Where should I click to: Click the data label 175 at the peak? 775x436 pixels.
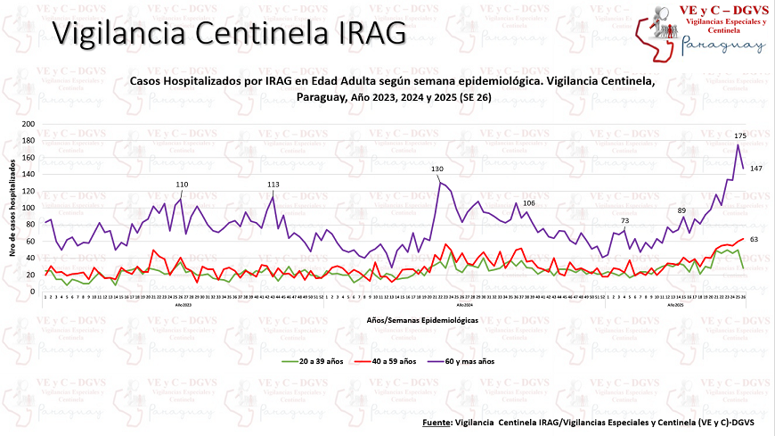pos(739,136)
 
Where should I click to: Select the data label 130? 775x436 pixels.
pos(437,169)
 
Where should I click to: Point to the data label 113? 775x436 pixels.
pos(273,185)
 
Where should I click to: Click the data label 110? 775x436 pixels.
pos(182,185)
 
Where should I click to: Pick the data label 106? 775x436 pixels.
pos(529,203)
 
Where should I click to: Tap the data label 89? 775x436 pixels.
pos(682,210)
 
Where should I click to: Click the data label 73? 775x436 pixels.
pos(624,220)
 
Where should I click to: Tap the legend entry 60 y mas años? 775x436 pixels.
pos(467,361)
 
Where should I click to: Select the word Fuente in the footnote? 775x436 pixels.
pos(436,421)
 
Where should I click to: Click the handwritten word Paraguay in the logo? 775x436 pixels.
pos(722,46)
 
